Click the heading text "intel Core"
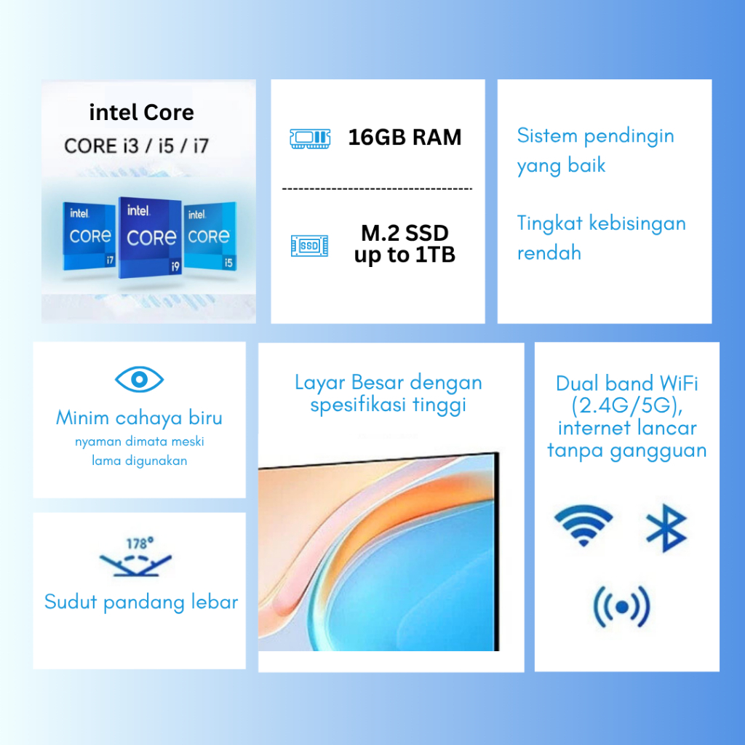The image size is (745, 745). (x=142, y=113)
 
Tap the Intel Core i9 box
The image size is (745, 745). (x=150, y=237)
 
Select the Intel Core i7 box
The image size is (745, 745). (x=89, y=236)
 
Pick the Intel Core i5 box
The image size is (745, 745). (x=210, y=236)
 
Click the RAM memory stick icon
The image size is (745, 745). (x=310, y=138)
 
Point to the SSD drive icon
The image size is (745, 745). (x=309, y=246)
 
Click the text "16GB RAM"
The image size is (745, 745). (x=405, y=138)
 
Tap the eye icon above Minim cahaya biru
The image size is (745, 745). (x=139, y=379)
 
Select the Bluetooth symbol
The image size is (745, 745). (x=666, y=528)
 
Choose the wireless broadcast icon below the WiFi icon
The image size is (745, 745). (x=621, y=607)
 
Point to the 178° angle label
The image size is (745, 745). (x=140, y=543)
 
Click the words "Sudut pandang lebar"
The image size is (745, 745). (x=141, y=602)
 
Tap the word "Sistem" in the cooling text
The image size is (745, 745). (x=547, y=136)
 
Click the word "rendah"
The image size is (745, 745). (x=549, y=252)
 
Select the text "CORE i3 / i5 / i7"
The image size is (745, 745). (x=136, y=146)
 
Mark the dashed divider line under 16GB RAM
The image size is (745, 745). (x=378, y=189)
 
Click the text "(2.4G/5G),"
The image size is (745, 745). (x=627, y=406)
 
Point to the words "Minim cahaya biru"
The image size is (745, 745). (x=139, y=418)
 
